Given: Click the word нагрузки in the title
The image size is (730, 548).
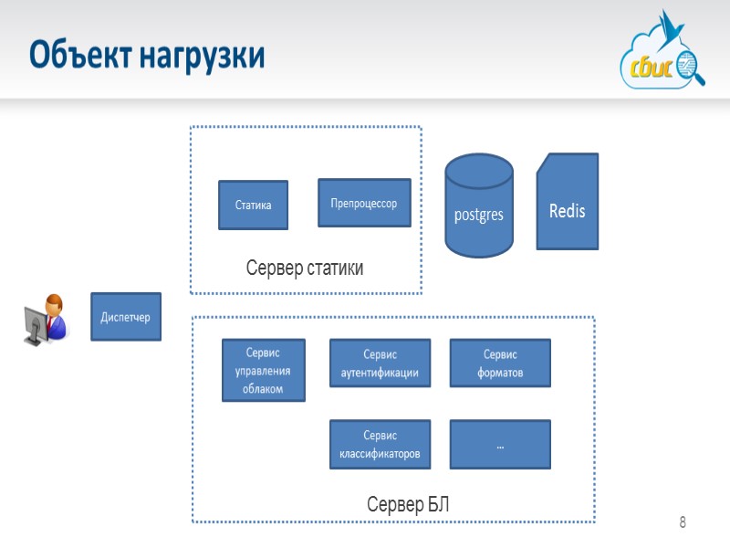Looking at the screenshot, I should (x=202, y=57).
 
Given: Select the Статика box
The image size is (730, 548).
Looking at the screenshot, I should (x=253, y=205).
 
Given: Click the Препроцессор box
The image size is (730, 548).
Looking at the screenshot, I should (x=363, y=203).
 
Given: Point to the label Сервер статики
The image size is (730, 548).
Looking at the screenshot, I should (x=305, y=269).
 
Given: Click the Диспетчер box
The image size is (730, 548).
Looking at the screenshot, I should (x=125, y=317).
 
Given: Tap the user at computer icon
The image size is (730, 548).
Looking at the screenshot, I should (x=46, y=321).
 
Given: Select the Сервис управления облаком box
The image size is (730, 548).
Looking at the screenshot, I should (x=263, y=370).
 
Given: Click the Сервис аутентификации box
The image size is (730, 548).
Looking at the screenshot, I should (x=379, y=364).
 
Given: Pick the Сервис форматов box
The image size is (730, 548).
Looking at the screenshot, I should (x=500, y=364).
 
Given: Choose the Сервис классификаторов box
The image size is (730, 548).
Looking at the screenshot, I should (x=379, y=445).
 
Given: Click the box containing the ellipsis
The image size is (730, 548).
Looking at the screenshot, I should (x=500, y=445).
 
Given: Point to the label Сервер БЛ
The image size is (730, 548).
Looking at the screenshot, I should (x=408, y=504).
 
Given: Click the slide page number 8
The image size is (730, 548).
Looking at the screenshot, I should (x=682, y=523).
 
